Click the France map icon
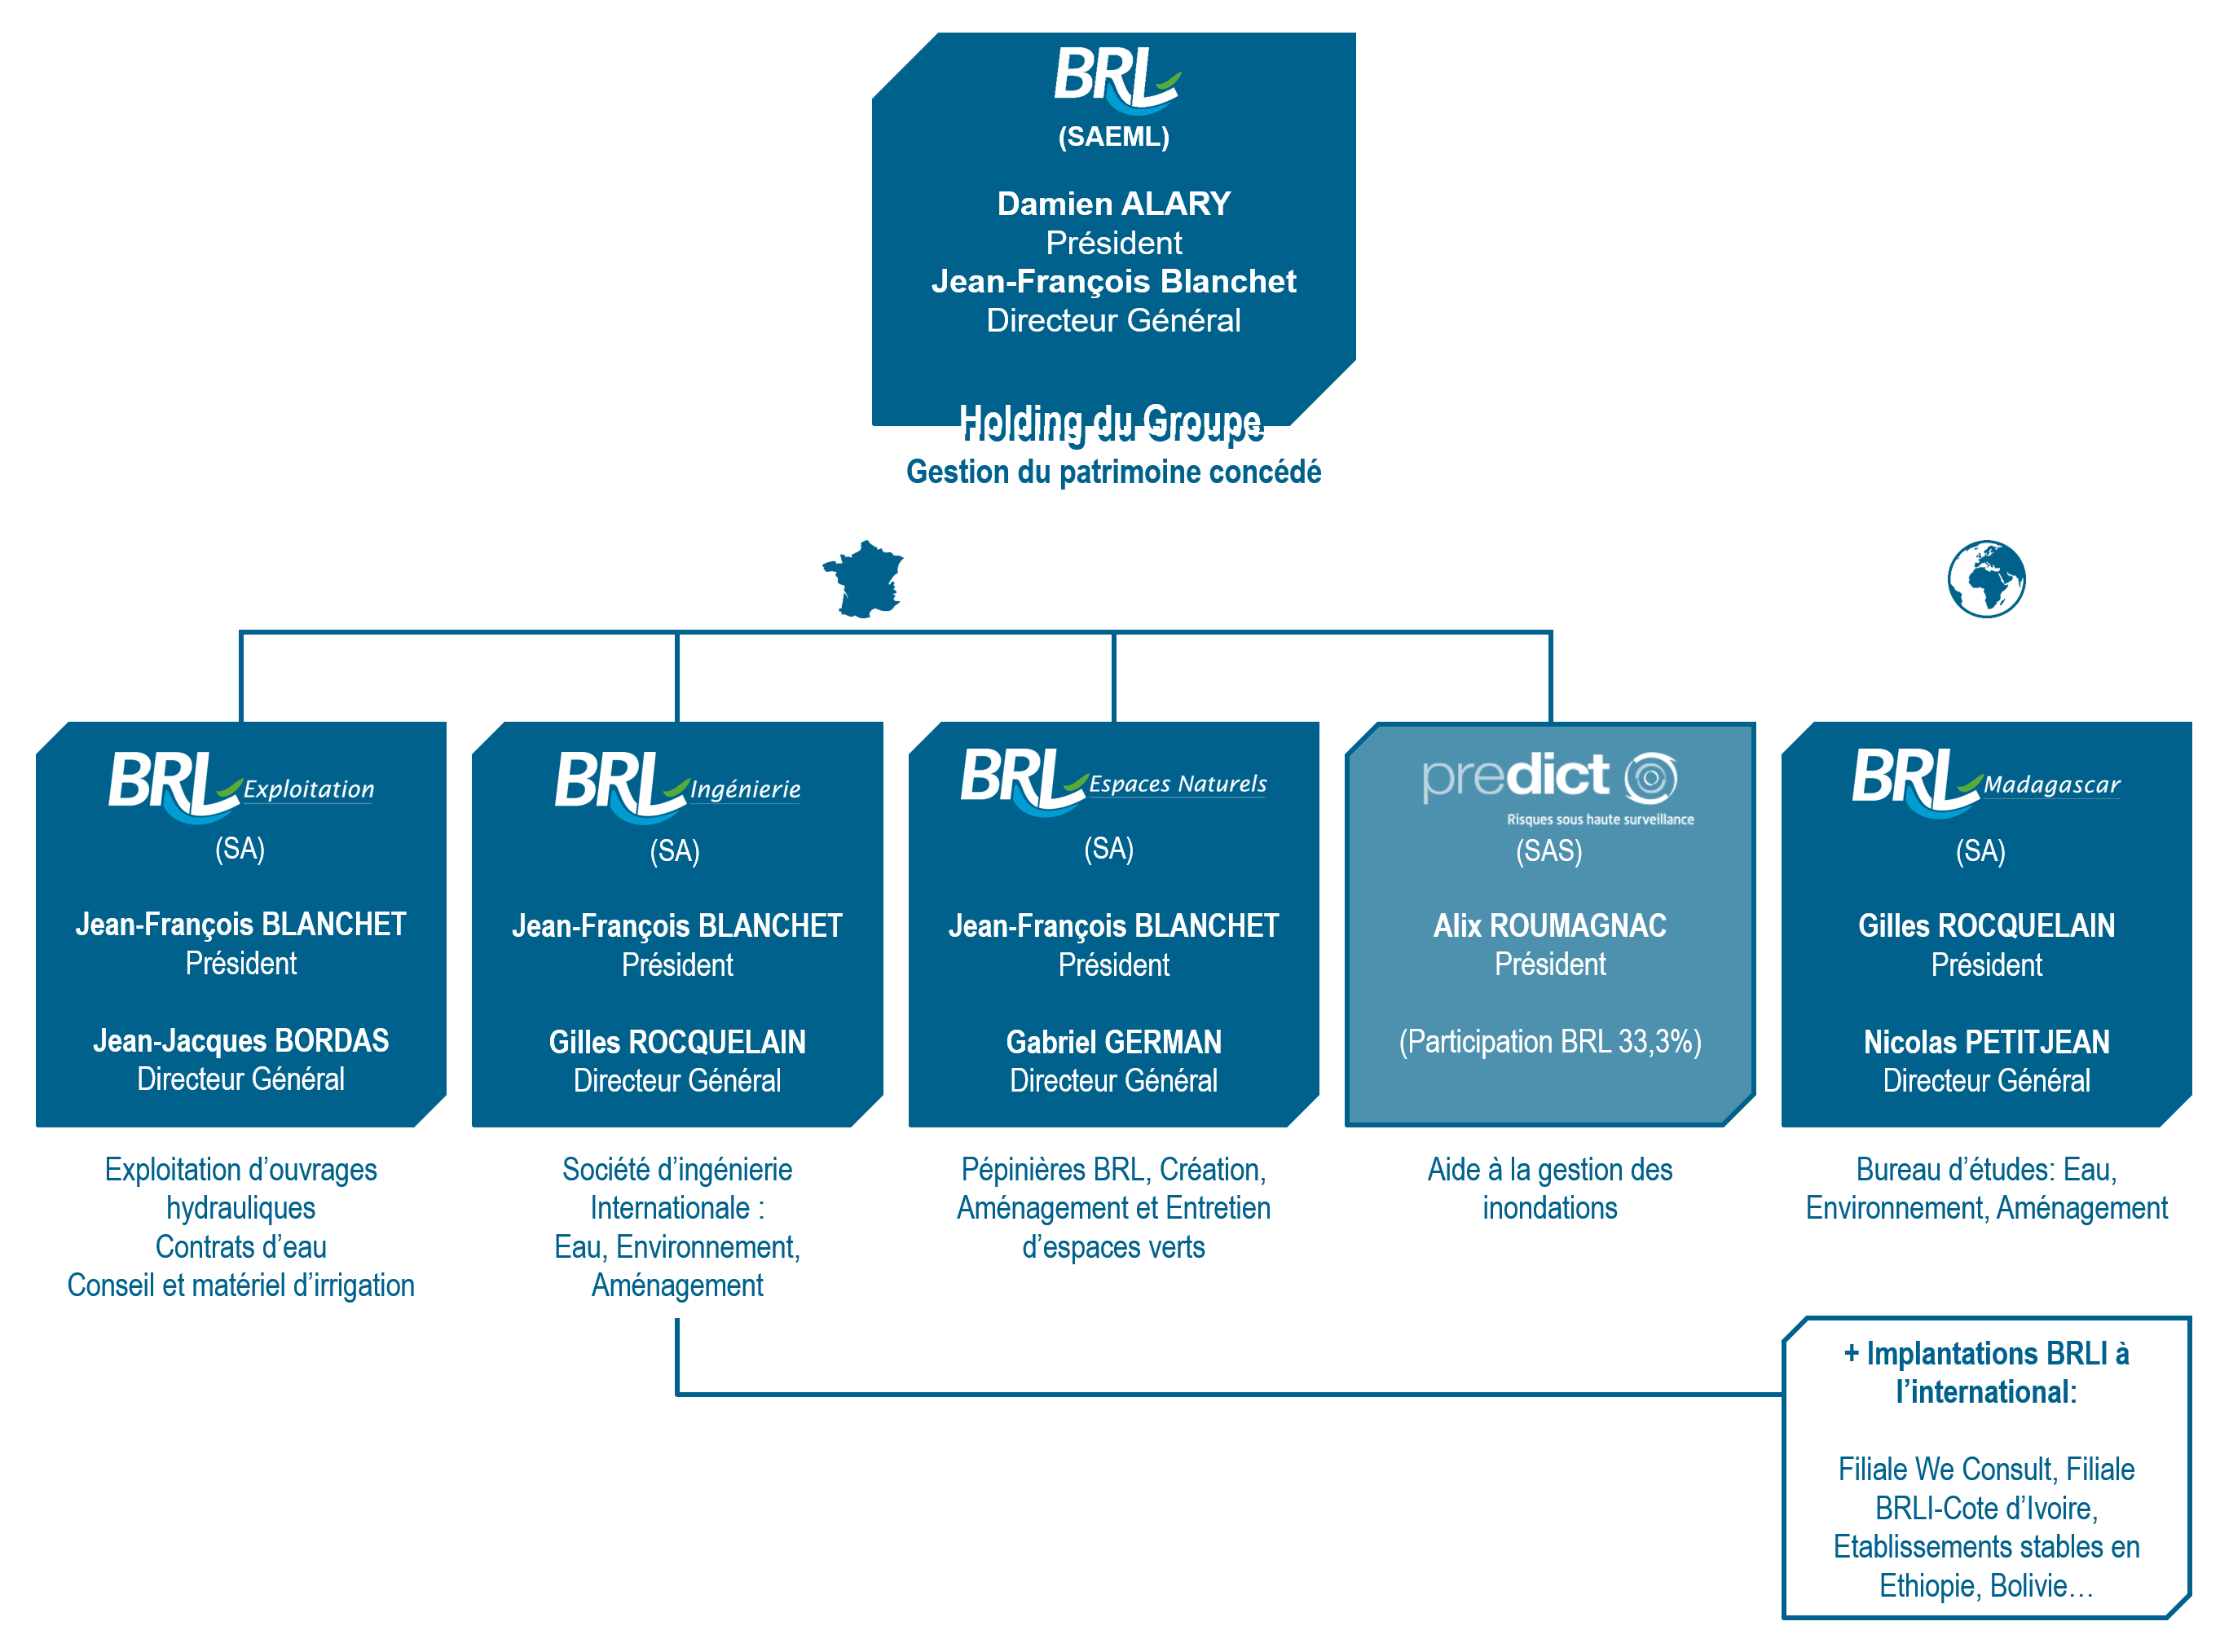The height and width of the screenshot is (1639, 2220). [x=862, y=579]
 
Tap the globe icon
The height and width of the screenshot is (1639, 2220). [x=1986, y=579]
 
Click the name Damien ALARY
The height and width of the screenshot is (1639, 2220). [x=1113, y=204]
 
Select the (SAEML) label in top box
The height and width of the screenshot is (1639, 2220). [x=1113, y=136]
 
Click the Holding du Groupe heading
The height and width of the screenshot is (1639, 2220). [x=1111, y=423]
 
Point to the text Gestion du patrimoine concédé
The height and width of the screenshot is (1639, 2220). [x=1113, y=472]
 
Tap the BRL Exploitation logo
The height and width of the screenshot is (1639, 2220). [x=241, y=786]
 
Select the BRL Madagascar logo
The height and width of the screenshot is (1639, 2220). [x=1986, y=783]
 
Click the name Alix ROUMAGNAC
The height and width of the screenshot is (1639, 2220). [x=1550, y=925]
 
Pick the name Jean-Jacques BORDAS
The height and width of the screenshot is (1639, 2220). [x=241, y=1041]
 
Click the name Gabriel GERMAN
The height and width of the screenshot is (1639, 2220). [x=1113, y=1043]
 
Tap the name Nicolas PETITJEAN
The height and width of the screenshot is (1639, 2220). [x=1986, y=1043]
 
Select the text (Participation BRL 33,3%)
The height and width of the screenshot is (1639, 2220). [x=1550, y=1042]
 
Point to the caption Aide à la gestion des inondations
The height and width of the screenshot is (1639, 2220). [x=1550, y=1189]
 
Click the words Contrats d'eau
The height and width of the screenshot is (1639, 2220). [x=241, y=1247]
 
